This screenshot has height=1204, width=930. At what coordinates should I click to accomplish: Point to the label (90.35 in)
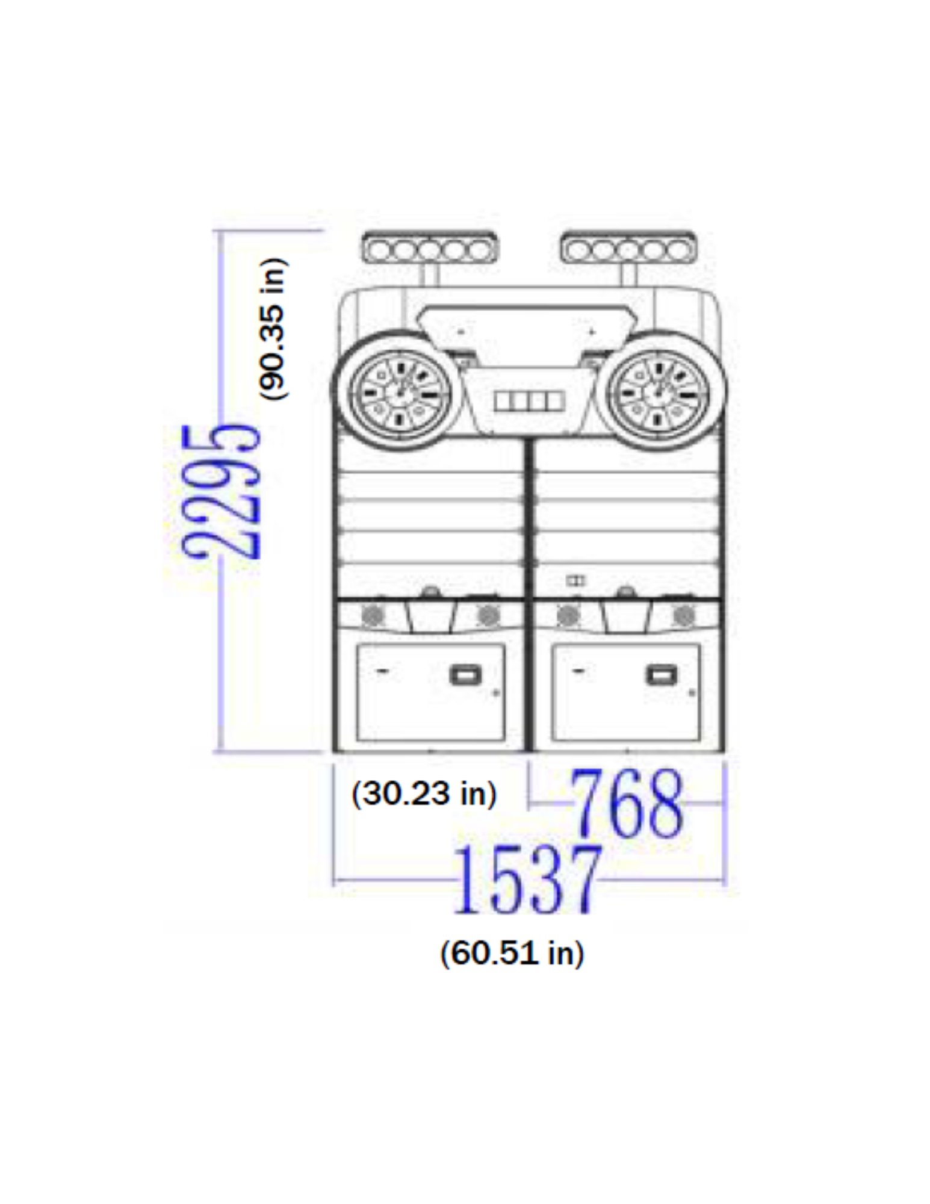[273, 329]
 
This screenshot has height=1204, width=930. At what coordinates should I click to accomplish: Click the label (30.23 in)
[424, 794]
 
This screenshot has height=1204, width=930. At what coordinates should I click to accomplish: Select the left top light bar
[430, 248]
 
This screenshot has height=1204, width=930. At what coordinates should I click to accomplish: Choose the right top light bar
[628, 248]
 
